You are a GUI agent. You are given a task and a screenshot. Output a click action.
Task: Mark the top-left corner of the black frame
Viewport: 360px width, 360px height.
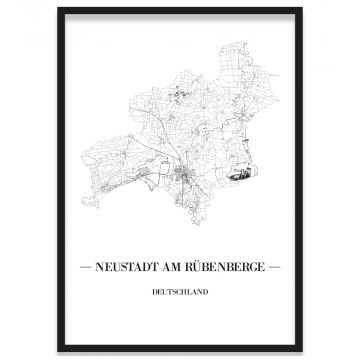pos(59,9)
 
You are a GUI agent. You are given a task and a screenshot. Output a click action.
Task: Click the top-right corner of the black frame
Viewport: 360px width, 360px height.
pos(301,9)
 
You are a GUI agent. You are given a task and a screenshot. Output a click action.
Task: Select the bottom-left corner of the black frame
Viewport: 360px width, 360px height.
pos(59,351)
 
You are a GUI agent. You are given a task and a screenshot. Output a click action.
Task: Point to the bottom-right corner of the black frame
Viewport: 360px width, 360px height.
pos(301,351)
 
